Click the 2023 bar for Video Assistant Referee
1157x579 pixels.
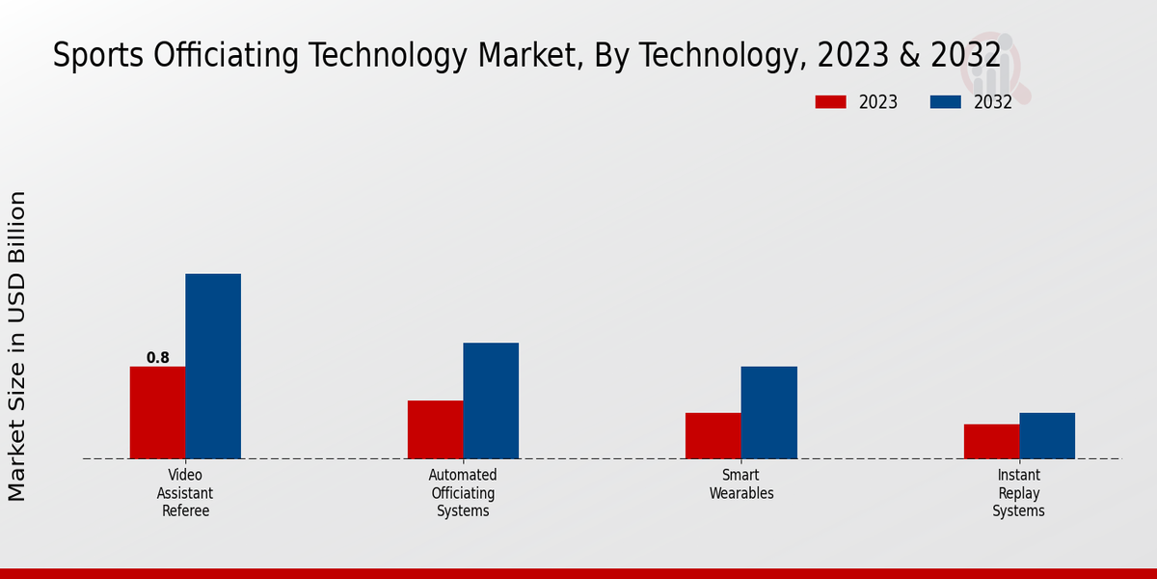(157, 412)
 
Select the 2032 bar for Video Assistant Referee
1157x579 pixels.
(213, 366)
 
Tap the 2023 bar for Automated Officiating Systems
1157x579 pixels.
(435, 429)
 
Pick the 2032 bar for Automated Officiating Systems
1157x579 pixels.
(491, 400)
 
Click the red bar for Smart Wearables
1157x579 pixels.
(713, 435)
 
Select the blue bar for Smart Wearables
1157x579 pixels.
(769, 412)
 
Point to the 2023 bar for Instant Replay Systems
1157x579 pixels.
(991, 441)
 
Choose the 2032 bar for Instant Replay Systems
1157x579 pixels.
(1047, 435)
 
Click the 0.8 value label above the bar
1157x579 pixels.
(157, 358)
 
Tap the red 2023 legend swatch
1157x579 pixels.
(830, 102)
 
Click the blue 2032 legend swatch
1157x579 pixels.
(945, 102)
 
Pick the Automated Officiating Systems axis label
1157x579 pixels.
(463, 493)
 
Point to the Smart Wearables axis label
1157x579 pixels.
(741, 484)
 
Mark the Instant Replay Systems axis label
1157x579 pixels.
(1019, 493)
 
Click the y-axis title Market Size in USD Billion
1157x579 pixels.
(17, 345)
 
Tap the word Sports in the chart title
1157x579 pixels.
(85, 56)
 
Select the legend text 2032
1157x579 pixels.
(993, 102)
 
